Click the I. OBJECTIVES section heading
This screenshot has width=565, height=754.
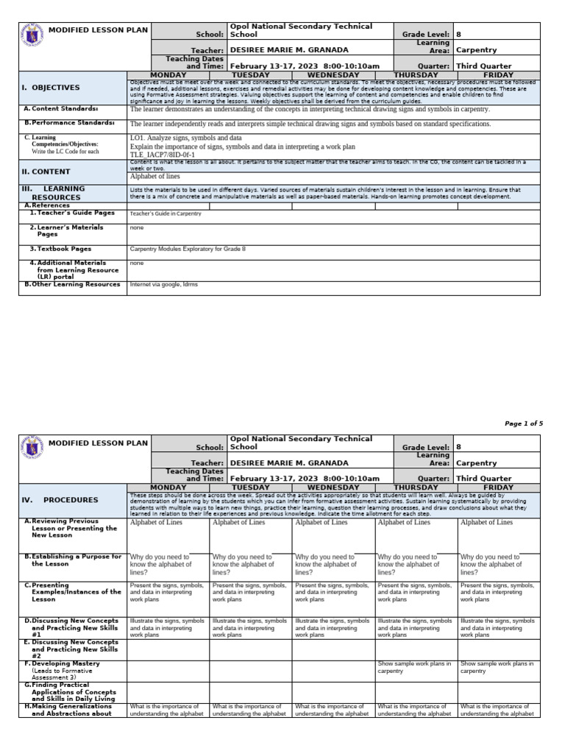tap(50, 88)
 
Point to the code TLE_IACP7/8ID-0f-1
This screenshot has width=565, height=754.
tap(163, 155)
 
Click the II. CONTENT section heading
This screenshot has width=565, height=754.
tap(46, 172)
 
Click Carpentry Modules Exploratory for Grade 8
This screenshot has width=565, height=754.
tap(187, 249)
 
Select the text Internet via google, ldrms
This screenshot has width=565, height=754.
tap(163, 284)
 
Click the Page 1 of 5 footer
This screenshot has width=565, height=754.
tap(523, 423)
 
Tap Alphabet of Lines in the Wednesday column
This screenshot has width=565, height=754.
tap(321, 522)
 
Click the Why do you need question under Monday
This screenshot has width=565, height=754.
tap(160, 564)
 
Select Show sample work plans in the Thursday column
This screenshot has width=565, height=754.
tap(413, 667)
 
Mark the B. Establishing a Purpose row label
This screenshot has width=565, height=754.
tap(72, 560)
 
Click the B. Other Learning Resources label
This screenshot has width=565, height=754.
tap(72, 284)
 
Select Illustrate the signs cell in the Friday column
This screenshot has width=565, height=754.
tap(497, 627)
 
